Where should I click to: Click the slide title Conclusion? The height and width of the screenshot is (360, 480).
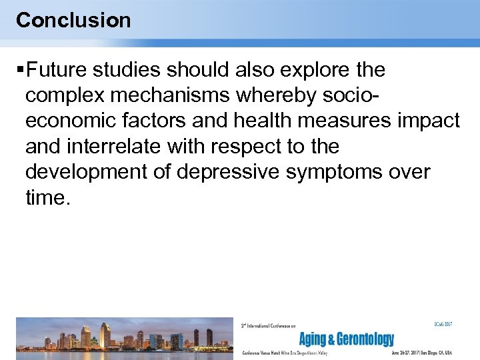pos(73,20)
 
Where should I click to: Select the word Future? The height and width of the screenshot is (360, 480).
pos(61,70)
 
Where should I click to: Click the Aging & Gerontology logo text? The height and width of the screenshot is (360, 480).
pos(346,339)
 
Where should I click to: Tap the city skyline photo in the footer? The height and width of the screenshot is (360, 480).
pos(125,337)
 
